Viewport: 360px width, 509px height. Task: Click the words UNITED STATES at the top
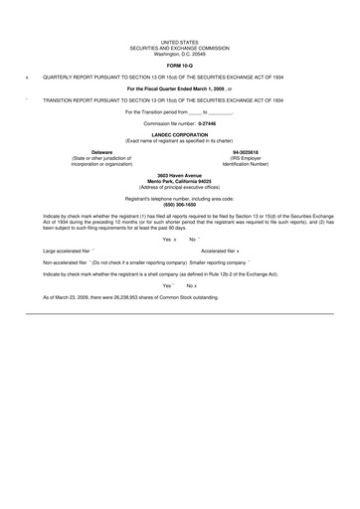(180, 43)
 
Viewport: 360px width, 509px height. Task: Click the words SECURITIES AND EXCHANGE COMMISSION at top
(180, 48)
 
